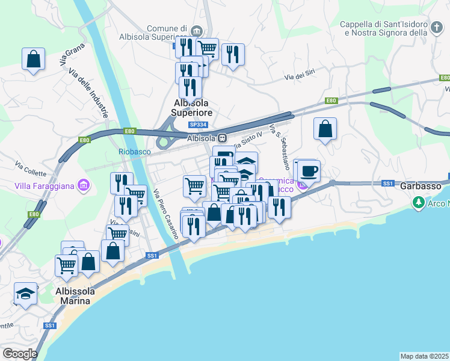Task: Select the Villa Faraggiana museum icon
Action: (x=84, y=185)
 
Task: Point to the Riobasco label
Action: (x=134, y=152)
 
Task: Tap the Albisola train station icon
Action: (x=223, y=138)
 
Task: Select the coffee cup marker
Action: (x=309, y=171)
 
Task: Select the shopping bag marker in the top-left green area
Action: (x=34, y=59)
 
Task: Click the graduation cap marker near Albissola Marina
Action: (x=25, y=293)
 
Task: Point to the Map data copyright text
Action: (x=425, y=356)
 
